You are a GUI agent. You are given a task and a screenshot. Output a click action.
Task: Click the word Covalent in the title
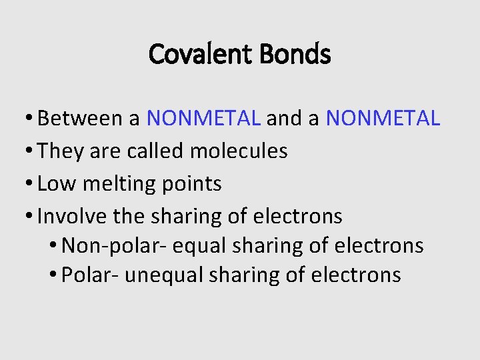pos(193,54)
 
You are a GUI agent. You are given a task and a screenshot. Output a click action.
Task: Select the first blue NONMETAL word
pos(203,119)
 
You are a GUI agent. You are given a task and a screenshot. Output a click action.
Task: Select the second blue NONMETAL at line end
pos(383,119)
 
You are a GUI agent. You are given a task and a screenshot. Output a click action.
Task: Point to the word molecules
pos(239,151)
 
